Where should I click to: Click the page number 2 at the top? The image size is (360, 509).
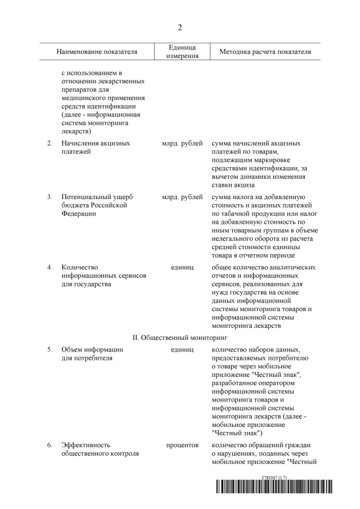pyautogui.click(x=180, y=27)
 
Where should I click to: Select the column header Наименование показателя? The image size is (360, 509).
pyautogui.click(x=97, y=52)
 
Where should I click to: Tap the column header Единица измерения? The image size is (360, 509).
pyautogui.click(x=182, y=52)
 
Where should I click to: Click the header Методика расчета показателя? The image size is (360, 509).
pyautogui.click(x=261, y=52)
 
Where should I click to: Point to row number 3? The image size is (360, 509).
pyautogui.click(x=49, y=196)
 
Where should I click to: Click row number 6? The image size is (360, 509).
pyautogui.click(x=49, y=445)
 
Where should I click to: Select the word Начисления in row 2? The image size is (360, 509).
pyautogui.click(x=80, y=143)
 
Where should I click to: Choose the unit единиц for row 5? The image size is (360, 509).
pyautogui.click(x=182, y=349)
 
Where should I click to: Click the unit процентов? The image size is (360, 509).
pyautogui.click(x=182, y=445)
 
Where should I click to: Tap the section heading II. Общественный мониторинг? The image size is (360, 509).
pyautogui.click(x=179, y=337)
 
